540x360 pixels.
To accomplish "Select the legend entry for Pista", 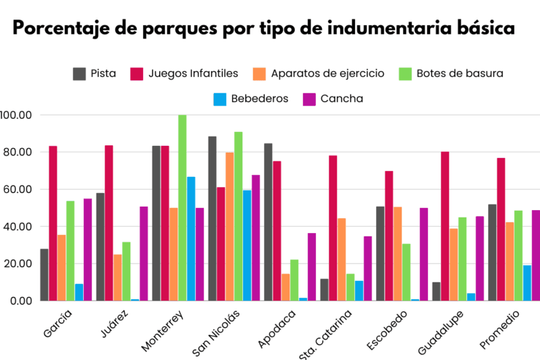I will (94, 73).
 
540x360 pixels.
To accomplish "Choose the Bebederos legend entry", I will (250, 99).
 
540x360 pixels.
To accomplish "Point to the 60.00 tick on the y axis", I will (16, 189).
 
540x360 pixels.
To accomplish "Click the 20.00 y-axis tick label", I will (16, 263).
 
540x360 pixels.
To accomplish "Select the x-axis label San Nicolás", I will (217, 332).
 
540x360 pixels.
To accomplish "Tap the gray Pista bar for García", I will (44, 275).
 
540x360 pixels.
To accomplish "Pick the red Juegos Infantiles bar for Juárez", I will (109, 223).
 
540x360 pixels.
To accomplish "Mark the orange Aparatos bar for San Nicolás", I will (230, 226).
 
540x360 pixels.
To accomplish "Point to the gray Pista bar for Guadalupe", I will (436, 291).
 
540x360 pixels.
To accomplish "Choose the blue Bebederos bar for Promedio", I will (527, 282).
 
